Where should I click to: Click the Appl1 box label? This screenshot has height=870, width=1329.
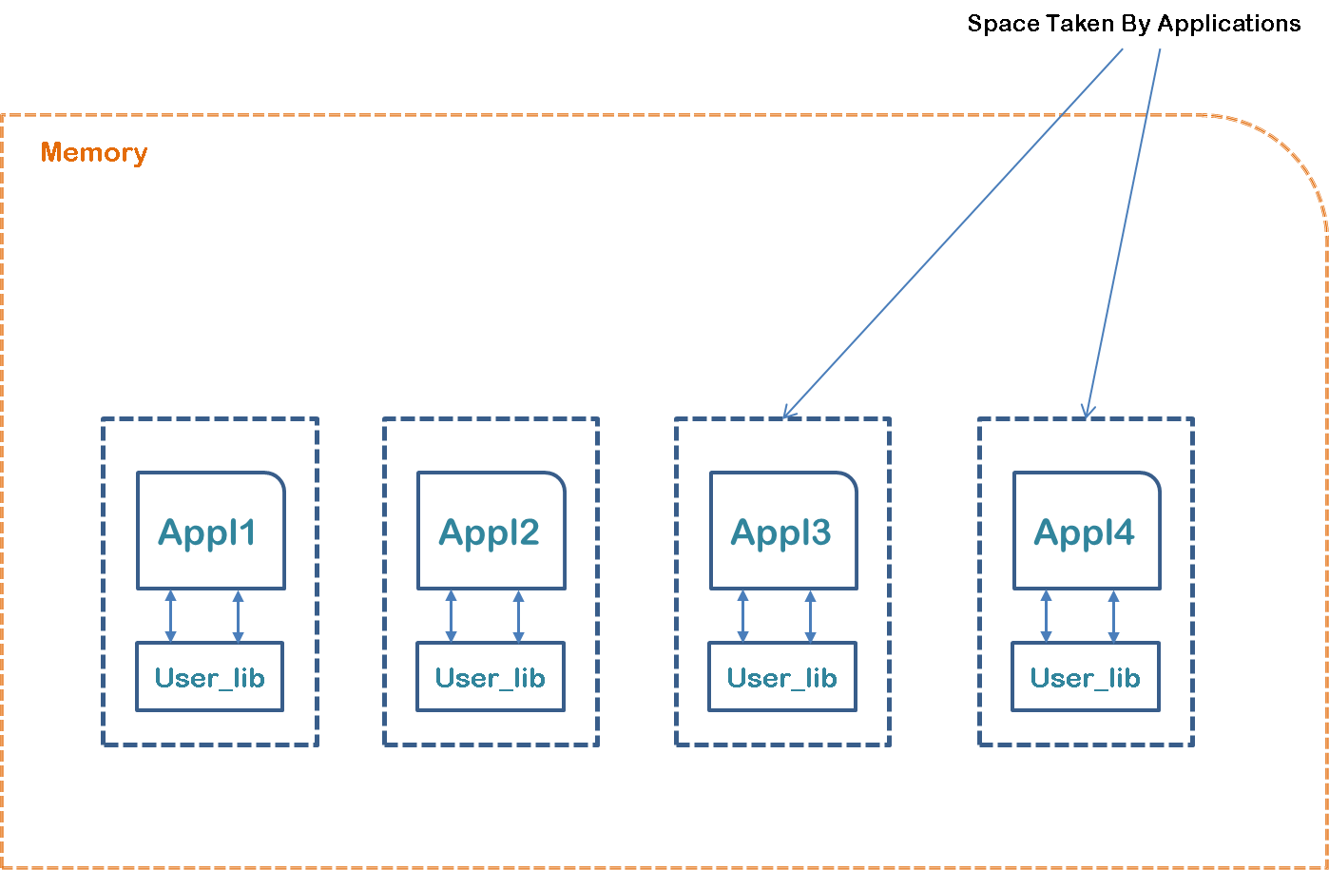pos(207,532)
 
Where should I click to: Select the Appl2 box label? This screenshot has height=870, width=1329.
pos(489,532)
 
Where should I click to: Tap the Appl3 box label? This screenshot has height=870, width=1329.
pos(780,532)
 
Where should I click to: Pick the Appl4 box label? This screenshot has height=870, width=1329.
pos(1084,532)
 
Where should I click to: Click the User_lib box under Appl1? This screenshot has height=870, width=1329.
pos(209,678)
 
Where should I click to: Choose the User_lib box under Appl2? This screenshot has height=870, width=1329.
pos(490,678)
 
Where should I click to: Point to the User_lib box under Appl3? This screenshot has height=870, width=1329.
pos(781,678)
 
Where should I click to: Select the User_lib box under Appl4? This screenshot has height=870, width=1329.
pos(1085,678)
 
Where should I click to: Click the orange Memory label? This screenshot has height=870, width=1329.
pos(93,153)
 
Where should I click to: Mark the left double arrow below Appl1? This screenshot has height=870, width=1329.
pos(171,616)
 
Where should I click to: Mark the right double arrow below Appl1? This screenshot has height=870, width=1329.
pos(238,616)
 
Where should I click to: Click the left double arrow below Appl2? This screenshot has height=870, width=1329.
pos(452,616)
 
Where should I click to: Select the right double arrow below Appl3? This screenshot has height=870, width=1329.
pos(810,616)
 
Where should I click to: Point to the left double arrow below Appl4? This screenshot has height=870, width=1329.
pos(1047,616)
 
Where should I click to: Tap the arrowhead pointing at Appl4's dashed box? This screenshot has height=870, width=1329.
pos(1088,412)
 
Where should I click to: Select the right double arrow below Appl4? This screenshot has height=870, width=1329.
pos(1113,616)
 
